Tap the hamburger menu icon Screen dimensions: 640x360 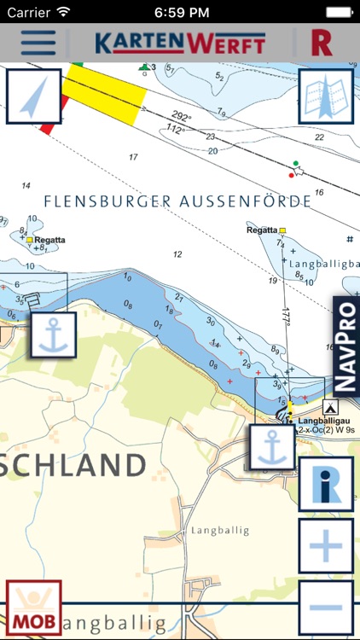point(38,43)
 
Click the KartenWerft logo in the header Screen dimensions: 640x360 point(179,44)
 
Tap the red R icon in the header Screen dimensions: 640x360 point(322,43)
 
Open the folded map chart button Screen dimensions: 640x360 point(325,96)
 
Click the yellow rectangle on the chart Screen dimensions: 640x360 point(103,93)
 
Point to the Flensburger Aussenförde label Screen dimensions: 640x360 point(177,201)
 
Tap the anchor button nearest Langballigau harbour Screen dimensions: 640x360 point(272,448)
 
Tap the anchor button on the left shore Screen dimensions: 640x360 point(54,335)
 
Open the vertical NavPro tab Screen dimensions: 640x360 point(345,346)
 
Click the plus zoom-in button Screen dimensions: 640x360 point(325,546)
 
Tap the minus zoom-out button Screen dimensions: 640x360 point(325,608)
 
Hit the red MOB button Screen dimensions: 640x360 point(33,608)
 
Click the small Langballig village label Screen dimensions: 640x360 point(220,530)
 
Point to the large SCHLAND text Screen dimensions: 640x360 point(73,466)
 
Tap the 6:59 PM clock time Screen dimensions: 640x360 point(180,13)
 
